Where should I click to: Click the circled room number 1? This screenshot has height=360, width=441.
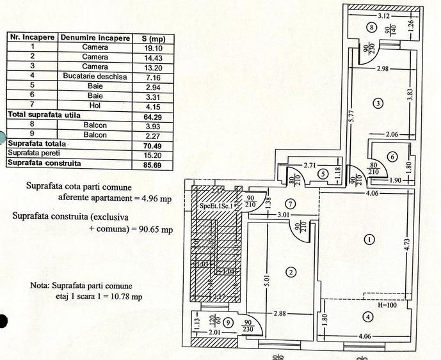click(x=369, y=240)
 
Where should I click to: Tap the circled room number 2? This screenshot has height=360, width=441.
click(x=291, y=273)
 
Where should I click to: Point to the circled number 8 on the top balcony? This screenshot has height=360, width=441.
click(x=371, y=27)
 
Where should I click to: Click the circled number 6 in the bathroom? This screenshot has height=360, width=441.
click(x=392, y=156)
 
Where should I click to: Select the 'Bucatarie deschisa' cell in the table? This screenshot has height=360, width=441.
click(x=95, y=76)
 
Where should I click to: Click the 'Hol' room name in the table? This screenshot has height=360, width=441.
click(x=95, y=105)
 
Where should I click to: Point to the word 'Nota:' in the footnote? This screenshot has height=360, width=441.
click(x=42, y=286)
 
